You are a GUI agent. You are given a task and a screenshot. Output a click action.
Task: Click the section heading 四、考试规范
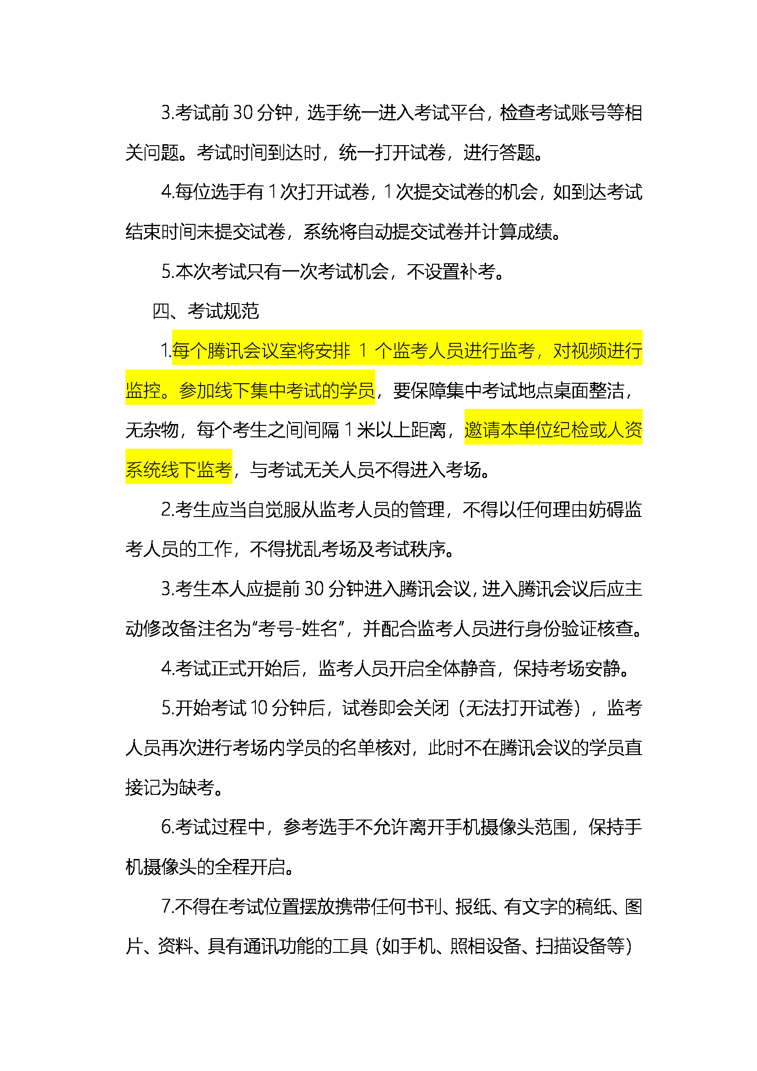pyautogui.click(x=205, y=311)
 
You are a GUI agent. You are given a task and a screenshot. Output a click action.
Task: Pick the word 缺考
pyautogui.click(x=196, y=788)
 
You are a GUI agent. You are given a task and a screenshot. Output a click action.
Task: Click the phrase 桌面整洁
pyautogui.click(x=589, y=391)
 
